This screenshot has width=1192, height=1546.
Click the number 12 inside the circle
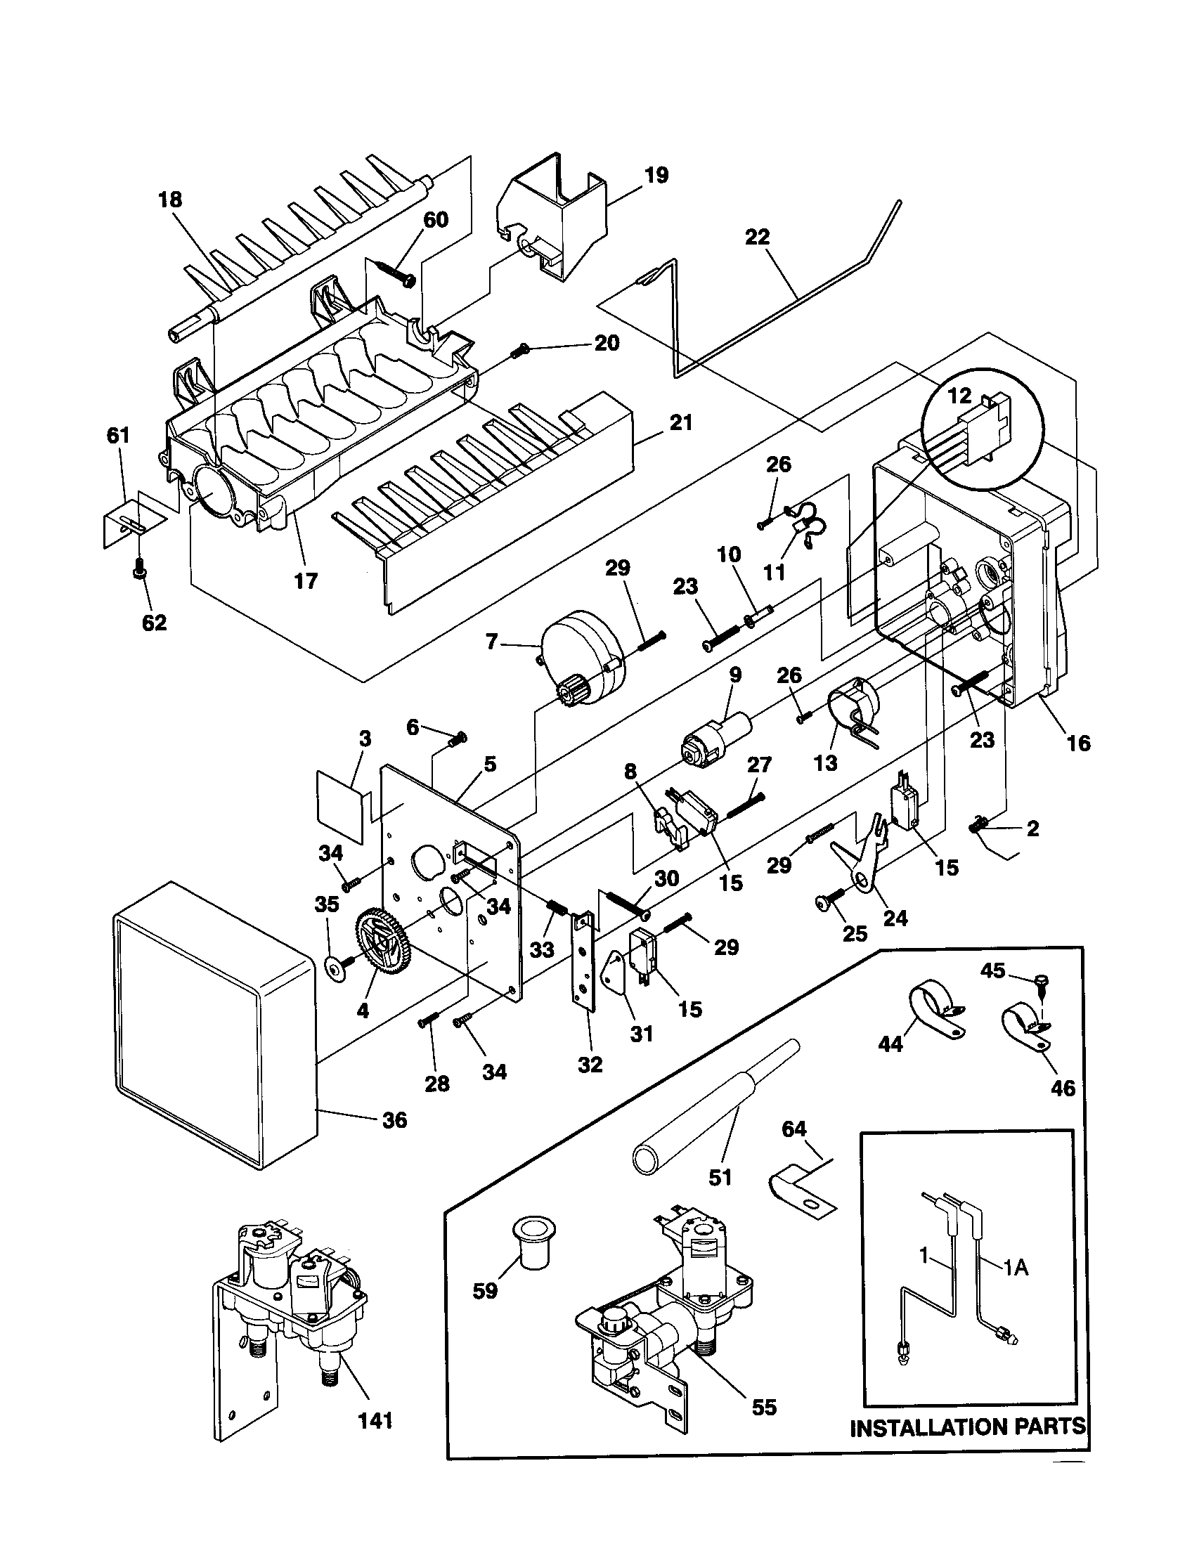point(960,396)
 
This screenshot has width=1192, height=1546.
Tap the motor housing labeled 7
point(581,659)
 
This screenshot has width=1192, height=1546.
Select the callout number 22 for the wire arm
point(757,236)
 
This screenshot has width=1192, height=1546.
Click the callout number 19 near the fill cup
point(656,175)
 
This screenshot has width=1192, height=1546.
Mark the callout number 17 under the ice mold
point(306,581)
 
